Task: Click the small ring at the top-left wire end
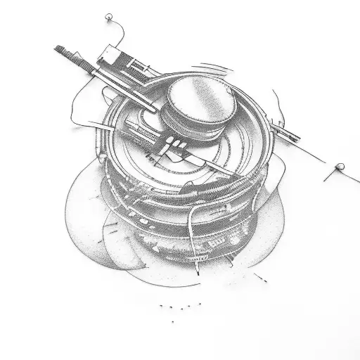coord(108,16)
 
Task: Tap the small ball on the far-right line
coord(340,167)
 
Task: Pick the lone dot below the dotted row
coord(172,321)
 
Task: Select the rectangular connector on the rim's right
coord(288,131)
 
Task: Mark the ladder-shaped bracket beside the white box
coord(138,67)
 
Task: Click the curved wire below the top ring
coord(121,32)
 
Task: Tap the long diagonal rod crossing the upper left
coord(105,77)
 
